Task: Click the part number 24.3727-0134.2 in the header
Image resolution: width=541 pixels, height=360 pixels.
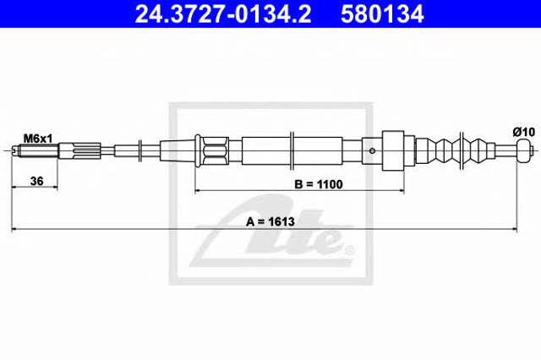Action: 223,14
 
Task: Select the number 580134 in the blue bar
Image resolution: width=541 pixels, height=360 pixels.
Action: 382,14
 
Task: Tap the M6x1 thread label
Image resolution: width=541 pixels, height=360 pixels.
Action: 37,139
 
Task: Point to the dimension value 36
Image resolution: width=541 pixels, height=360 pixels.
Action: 37,181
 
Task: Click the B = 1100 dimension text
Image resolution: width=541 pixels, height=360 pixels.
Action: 319,184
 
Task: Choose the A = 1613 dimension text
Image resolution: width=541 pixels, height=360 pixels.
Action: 270,221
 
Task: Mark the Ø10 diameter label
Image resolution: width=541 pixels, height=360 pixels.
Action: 524,132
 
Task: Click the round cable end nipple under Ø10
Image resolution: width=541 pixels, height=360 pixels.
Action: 523,150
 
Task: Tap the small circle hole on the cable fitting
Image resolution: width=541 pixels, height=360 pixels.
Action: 372,150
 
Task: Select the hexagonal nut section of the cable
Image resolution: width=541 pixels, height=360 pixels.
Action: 216,150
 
